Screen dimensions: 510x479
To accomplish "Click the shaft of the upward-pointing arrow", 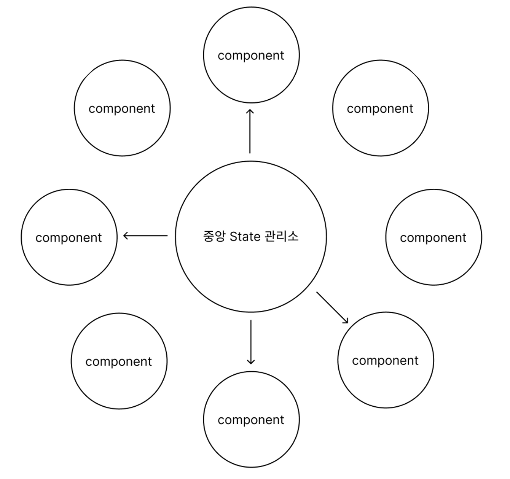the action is click(250, 133).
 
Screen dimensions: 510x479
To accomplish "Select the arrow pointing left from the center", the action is click(147, 236).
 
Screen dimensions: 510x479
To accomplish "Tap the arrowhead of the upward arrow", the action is click(250, 111).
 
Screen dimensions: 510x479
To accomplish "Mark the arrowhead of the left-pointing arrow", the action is click(126, 236).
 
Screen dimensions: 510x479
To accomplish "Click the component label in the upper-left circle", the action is click(122, 109).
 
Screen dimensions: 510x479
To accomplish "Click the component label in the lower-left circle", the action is click(119, 361).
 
